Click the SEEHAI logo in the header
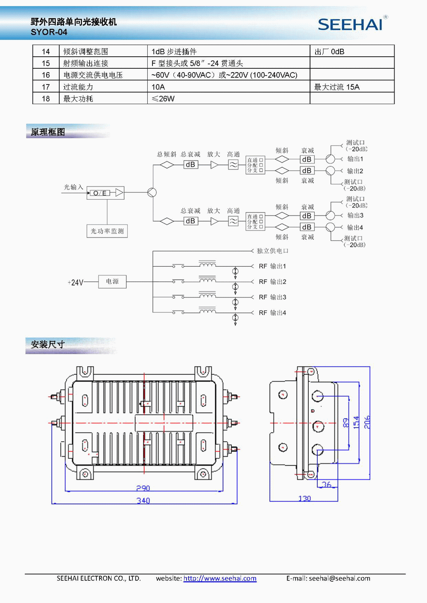(x=350, y=24)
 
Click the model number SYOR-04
(x=49, y=32)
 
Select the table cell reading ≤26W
(x=163, y=99)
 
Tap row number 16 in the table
(x=46, y=75)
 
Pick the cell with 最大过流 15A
(x=337, y=87)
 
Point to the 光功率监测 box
(x=107, y=231)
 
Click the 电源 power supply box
(x=112, y=282)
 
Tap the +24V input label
(x=75, y=283)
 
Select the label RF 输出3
(x=272, y=297)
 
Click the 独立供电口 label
(x=272, y=251)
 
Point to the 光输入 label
(x=73, y=187)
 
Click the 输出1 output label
(x=355, y=159)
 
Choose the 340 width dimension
(x=143, y=501)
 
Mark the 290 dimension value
(x=143, y=488)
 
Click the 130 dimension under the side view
(x=304, y=498)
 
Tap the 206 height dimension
(x=367, y=422)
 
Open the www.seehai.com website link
(x=220, y=579)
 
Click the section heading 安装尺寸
(x=48, y=345)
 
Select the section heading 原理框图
(x=48, y=132)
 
